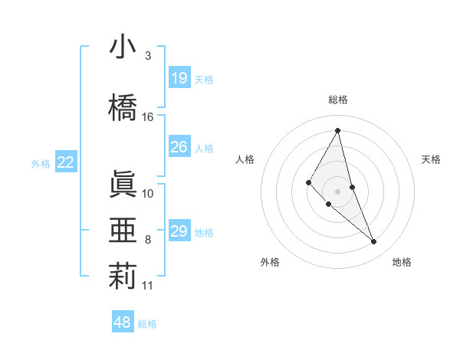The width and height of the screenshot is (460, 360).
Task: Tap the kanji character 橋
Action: click(x=123, y=107)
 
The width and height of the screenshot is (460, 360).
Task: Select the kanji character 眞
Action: click(x=123, y=184)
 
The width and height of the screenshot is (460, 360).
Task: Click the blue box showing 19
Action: click(x=179, y=78)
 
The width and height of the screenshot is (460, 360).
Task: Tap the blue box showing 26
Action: click(x=179, y=147)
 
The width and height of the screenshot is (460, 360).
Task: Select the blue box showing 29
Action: click(x=179, y=231)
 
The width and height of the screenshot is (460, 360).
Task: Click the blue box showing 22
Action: click(x=66, y=162)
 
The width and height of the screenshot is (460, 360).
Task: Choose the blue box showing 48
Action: click(x=123, y=322)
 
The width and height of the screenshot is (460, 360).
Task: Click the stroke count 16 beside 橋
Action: click(x=148, y=117)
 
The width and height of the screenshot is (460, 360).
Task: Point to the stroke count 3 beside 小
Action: click(x=148, y=56)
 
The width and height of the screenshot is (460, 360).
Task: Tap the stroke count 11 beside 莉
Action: click(x=148, y=286)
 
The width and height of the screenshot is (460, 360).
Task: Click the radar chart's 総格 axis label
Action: click(x=337, y=100)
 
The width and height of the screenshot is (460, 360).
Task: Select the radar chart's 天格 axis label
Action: click(x=431, y=159)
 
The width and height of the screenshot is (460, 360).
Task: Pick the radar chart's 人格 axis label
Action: click(x=245, y=159)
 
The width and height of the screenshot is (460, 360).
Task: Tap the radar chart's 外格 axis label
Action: click(x=269, y=262)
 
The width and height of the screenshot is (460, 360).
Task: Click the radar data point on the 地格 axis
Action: click(x=374, y=242)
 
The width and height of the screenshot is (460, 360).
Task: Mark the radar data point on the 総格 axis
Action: click(x=337, y=130)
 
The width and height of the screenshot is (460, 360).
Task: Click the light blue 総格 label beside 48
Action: click(x=147, y=324)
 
